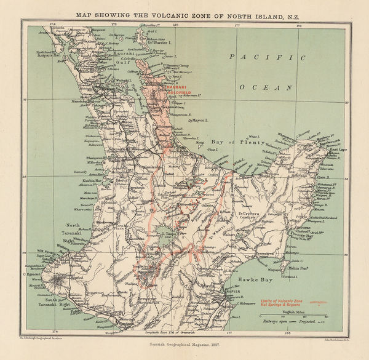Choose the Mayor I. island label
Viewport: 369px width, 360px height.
coord(201,121)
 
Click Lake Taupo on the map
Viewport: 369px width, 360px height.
coord(165,233)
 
